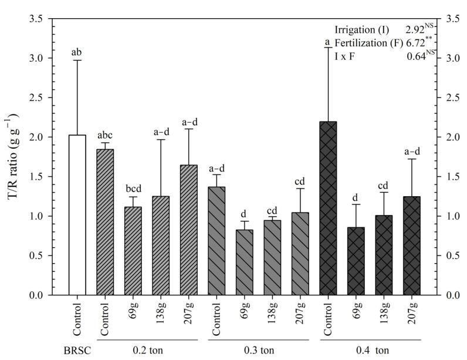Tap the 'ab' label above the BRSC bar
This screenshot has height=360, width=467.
[x=77, y=52]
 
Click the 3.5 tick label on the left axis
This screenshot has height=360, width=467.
[x=38, y=19]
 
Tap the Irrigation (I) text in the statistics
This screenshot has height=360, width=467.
[x=359, y=29]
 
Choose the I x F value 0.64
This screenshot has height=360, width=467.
[x=416, y=57]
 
